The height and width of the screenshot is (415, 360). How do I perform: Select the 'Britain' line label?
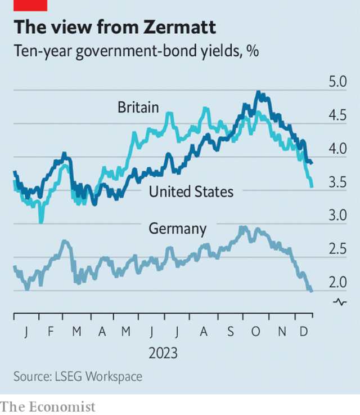pos(138,107)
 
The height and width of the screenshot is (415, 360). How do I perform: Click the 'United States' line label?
pos(191,191)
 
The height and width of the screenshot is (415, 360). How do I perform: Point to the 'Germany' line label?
pos(177,228)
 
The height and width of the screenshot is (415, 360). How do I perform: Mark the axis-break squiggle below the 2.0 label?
pos(340,302)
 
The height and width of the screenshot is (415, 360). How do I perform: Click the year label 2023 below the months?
pos(163,354)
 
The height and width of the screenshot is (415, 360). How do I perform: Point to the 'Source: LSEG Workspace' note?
pos(78,376)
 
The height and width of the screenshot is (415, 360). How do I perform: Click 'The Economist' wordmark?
pos(48,406)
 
